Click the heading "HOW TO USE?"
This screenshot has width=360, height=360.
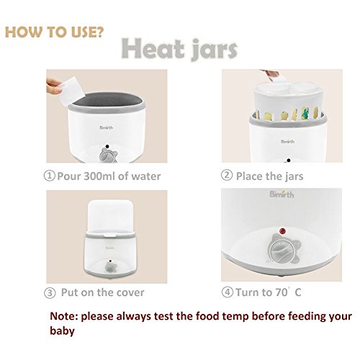pyautogui.click(x=54, y=32)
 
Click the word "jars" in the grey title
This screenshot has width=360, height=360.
pyautogui.click(x=215, y=50)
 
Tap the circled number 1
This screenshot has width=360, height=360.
pyautogui.click(x=49, y=176)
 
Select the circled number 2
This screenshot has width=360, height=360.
pyautogui.click(x=227, y=175)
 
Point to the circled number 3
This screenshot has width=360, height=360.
pyautogui.click(x=50, y=293)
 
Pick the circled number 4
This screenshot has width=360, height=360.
pyautogui.click(x=227, y=292)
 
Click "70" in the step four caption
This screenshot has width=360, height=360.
pyautogui.click(x=282, y=292)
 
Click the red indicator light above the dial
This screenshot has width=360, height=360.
pyautogui.click(x=282, y=231)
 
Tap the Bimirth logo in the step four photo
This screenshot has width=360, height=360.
pyautogui.click(x=282, y=194)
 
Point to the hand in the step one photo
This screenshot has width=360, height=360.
pyautogui.click(x=53, y=86)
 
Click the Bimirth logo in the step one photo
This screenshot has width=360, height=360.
pyautogui.click(x=106, y=127)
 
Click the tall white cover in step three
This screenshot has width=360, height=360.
pyautogui.click(x=110, y=217)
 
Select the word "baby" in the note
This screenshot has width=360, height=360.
pyautogui.click(x=62, y=330)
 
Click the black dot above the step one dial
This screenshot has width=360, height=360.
pyautogui.click(x=107, y=146)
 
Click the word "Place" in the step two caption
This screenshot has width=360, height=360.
pyautogui.click(x=249, y=176)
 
